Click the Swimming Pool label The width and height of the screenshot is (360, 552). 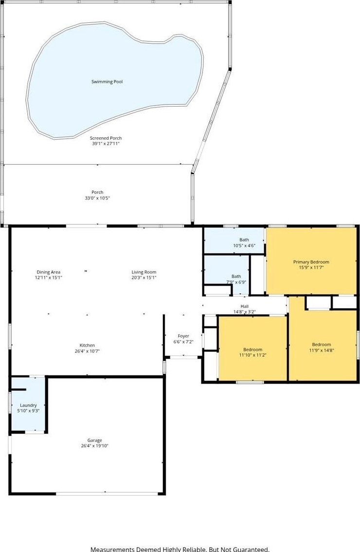107,82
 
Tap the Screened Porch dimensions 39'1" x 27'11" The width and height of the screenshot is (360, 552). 106,144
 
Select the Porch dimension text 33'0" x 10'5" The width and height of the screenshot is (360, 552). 97,198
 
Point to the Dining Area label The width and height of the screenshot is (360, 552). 49,272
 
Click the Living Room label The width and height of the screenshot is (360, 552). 144,272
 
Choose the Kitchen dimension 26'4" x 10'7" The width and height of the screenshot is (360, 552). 87,351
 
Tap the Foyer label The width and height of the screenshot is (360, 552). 183,336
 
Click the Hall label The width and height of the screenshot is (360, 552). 245,306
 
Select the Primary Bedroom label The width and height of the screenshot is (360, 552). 311,262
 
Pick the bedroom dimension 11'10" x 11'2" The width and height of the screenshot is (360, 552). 252,355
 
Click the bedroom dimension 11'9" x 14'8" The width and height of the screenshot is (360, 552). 321,350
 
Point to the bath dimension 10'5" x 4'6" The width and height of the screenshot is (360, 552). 244,246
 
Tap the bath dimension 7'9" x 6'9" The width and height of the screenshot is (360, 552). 236,282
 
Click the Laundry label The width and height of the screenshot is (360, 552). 28,405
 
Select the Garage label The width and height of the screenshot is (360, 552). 95,441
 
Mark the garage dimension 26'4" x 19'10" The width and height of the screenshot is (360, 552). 94,446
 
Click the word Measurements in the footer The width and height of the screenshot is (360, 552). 112,549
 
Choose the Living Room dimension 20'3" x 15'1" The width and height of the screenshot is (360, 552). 144,277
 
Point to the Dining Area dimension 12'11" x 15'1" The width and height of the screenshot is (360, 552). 48,277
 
